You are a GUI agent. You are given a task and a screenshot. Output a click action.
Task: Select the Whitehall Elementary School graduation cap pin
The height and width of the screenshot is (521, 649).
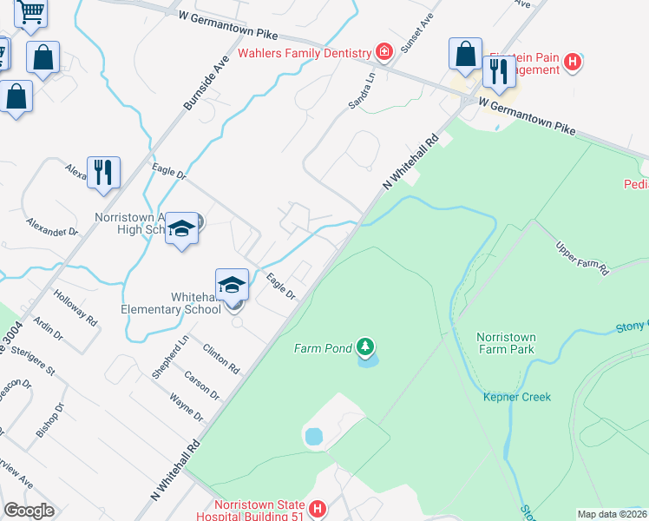[233, 285]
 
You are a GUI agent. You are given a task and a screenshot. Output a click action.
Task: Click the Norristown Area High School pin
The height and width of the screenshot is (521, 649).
[181, 228]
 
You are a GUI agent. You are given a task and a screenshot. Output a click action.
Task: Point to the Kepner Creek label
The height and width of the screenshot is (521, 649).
[517, 397]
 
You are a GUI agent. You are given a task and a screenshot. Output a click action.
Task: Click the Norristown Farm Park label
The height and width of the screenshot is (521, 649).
[505, 343]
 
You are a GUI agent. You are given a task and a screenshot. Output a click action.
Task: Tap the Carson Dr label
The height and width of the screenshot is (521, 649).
[201, 386]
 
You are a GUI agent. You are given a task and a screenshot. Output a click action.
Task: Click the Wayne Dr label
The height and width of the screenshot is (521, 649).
[186, 408]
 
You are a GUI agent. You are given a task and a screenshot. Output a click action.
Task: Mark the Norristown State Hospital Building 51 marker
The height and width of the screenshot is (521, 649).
[318, 508]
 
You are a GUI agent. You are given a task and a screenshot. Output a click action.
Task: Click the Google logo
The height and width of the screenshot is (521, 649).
[29, 511]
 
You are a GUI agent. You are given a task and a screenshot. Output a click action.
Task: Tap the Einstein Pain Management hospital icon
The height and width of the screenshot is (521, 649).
[572, 62]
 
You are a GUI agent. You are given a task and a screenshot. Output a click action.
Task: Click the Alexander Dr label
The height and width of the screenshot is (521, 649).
[52, 227]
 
